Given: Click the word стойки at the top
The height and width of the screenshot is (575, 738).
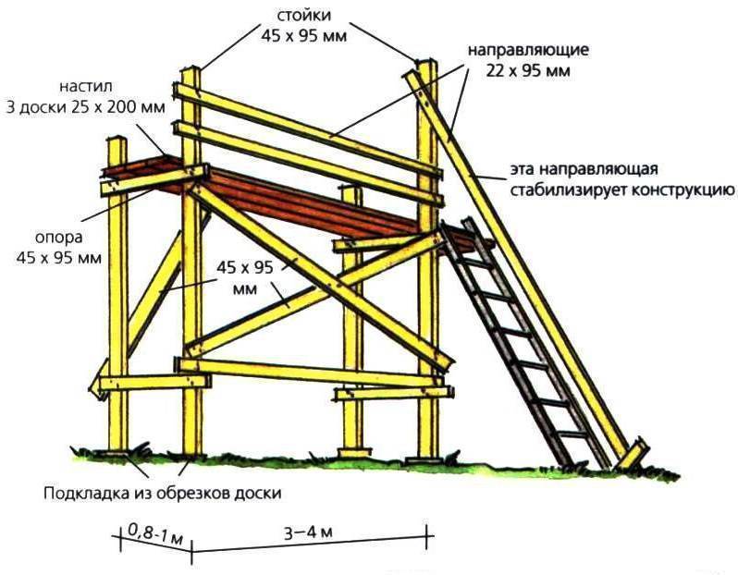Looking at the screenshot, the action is tap(303, 16).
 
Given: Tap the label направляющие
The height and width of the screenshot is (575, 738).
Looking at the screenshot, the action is tap(528, 50).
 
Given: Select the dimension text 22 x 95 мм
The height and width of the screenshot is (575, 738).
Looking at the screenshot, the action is tap(528, 70).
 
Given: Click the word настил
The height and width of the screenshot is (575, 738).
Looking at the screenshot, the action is tap(86, 87).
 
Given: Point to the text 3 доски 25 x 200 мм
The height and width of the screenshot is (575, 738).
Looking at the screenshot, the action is tap(85, 107).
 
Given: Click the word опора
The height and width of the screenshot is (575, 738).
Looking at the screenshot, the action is tap(59, 238).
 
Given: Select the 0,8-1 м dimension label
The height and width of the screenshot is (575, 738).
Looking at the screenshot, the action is tap(155, 534).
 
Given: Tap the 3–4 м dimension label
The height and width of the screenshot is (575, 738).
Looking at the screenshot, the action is tap(308, 532).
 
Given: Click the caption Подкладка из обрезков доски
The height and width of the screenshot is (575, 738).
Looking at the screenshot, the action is tap(163, 493).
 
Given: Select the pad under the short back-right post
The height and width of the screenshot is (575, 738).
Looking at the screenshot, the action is tap(353, 453).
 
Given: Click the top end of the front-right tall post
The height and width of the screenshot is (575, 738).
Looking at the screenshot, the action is tap(428, 63).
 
